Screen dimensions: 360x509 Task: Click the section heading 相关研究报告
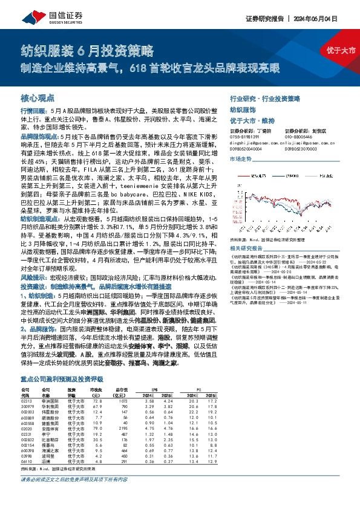pos(247,248)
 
